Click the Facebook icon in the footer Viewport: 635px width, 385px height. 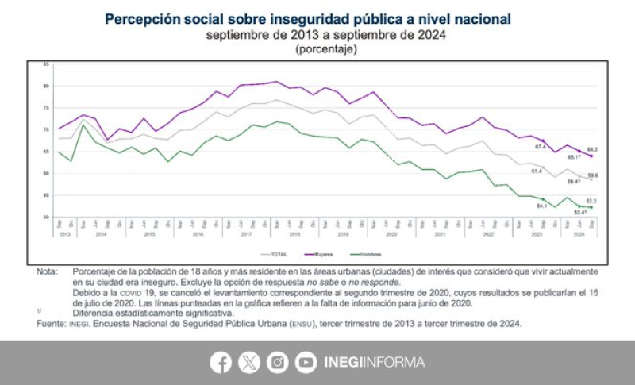[221, 363]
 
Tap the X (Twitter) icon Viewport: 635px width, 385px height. [249, 363]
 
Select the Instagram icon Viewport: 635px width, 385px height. [277, 363]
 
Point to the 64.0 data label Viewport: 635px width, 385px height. [591, 149]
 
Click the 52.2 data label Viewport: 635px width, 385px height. [591, 200]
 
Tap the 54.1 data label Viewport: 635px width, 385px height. [542, 206]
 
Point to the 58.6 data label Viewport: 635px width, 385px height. [593, 175]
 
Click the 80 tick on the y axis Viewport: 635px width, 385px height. [46, 86]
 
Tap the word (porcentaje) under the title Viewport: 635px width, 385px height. [326, 49]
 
